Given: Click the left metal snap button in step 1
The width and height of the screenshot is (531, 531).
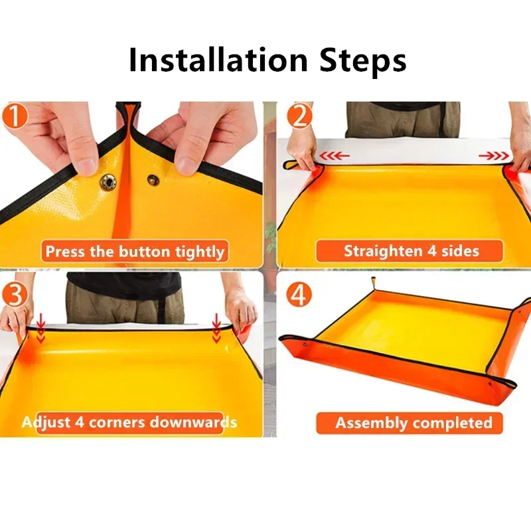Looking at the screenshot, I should [107, 182].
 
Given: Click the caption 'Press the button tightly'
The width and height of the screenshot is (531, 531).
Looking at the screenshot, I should [135, 252].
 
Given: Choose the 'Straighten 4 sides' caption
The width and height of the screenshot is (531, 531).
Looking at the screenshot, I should [411, 251].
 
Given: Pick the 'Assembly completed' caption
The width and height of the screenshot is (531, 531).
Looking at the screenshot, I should [414, 423].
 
